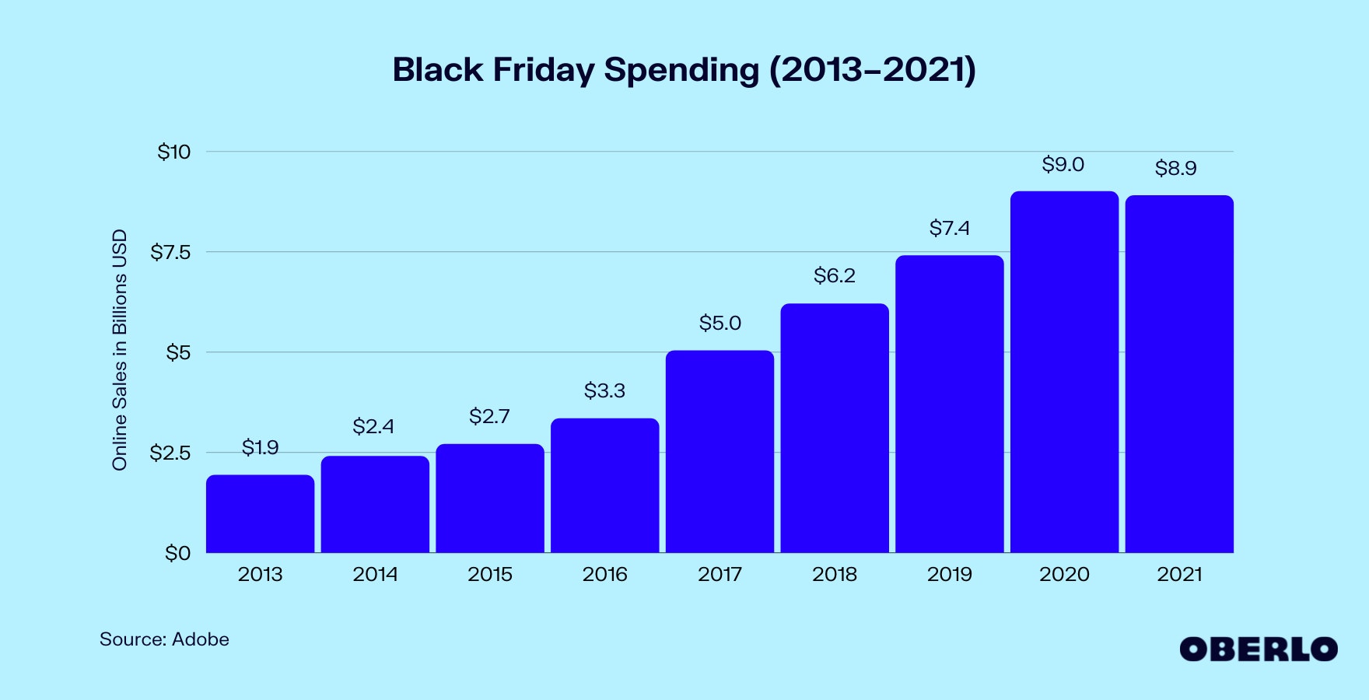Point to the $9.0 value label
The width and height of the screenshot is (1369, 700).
coord(1063,165)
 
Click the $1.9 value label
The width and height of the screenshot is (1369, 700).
coord(260,447)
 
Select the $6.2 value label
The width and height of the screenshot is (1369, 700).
coord(835,275)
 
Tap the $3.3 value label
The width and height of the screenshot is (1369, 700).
coord(604,390)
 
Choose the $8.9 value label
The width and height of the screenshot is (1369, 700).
coord(1175,168)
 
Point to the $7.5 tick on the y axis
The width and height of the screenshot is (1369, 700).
coord(170,252)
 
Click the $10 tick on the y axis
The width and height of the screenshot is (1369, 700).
coord(174,152)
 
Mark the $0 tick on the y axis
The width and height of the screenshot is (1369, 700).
coord(177,553)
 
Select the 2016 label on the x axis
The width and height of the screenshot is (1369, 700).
coord(604,575)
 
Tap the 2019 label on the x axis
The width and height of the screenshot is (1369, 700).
coord(950,575)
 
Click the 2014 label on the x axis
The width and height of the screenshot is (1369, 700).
coord(375,575)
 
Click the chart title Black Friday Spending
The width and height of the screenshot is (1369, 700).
coord(684,70)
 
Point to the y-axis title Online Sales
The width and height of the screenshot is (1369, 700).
coord(119,350)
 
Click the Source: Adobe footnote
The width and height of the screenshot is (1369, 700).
coord(164,639)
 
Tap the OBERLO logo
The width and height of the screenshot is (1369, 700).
coord(1258,649)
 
